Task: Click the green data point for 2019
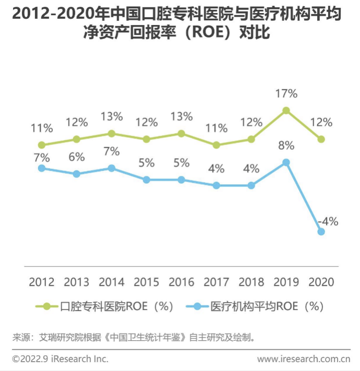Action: pos(286,111)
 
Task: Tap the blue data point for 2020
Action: pos(321,232)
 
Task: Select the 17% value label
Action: pos(286,94)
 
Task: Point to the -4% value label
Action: pos(328,221)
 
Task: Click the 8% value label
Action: pos(286,146)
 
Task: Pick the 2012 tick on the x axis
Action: pos(42,282)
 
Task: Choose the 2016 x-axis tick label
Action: pos(181,282)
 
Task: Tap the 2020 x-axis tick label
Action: pos(321,282)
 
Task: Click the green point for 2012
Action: pos(42,145)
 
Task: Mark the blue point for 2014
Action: pos(111,168)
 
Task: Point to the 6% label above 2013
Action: pos(76,157)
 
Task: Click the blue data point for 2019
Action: pos(286,162)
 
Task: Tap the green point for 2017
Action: pos(216,145)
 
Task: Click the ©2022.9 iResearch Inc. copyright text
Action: pos(61,359)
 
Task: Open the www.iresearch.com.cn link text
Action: pos(304,359)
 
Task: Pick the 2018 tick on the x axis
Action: pos(251,282)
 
